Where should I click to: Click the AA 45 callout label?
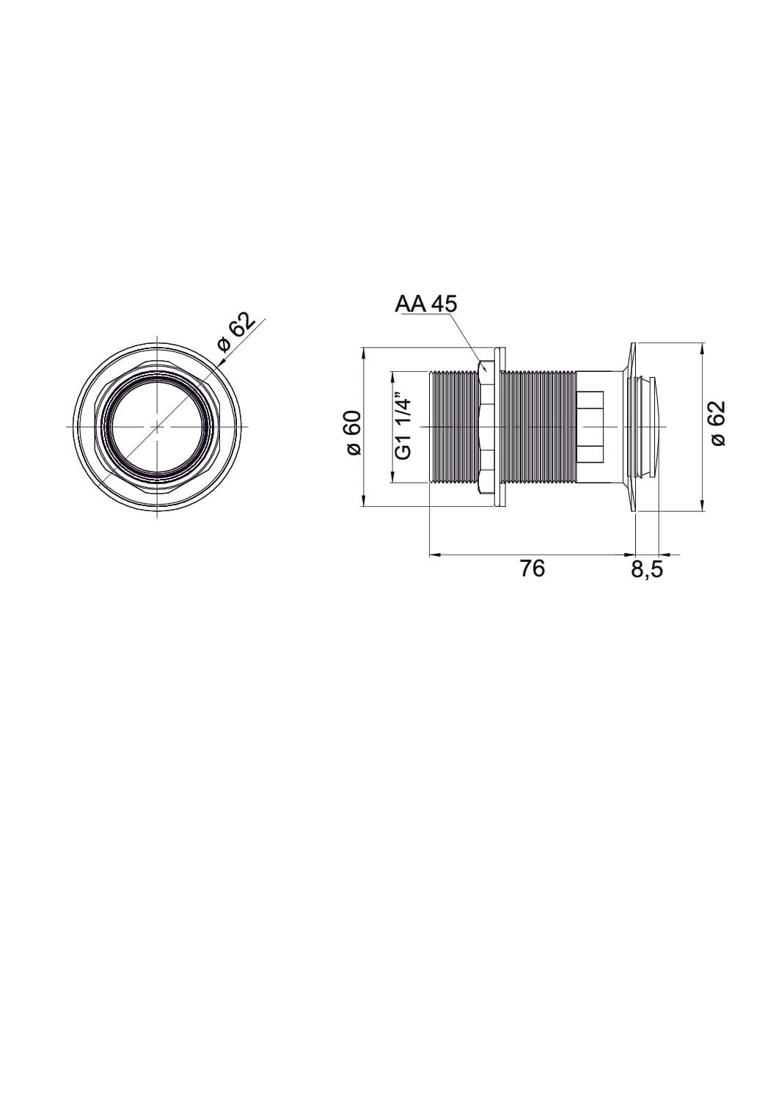(425, 304)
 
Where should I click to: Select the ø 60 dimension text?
(354, 426)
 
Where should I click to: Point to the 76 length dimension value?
(532, 568)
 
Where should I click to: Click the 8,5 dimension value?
(647, 569)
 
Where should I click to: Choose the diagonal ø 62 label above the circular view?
(237, 332)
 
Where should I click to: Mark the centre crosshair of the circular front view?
(156, 426)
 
